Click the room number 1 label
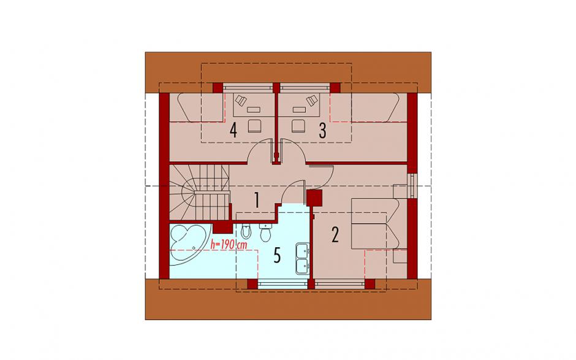click(257, 201)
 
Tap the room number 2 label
click(335, 235)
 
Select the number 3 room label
click(322, 131)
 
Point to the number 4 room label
click(233, 131)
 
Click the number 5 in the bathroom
click(277, 255)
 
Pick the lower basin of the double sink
click(303, 266)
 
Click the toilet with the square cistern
click(265, 232)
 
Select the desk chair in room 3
click(298, 126)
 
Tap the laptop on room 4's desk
click(240, 101)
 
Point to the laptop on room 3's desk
click(313, 101)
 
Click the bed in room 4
click(201, 107)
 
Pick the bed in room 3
click(365, 107)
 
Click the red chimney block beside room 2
click(314, 197)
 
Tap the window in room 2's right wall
click(412, 185)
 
